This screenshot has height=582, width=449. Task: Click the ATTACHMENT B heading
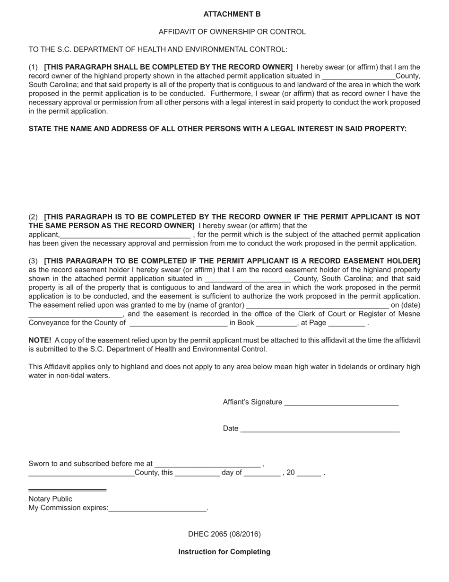232,14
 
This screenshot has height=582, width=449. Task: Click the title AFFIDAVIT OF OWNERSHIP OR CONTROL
232,32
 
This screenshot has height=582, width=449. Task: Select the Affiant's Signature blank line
342,403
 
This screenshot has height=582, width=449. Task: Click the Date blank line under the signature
320,430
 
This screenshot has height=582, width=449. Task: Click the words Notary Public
51,499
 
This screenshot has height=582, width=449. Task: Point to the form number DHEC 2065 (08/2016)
224,534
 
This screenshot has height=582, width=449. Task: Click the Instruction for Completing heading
224,552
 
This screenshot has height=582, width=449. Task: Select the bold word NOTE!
40,340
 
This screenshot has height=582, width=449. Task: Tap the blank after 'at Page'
346,324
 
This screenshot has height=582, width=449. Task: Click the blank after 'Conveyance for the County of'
178,324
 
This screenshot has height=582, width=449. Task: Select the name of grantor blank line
317,306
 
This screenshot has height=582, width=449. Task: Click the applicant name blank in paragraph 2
125,236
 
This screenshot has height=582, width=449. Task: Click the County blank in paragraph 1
358,77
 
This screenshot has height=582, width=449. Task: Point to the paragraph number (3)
33,261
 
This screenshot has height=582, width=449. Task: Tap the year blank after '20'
309,474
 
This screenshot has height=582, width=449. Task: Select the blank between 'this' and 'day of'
197,474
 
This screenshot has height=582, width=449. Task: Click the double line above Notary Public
68,490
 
